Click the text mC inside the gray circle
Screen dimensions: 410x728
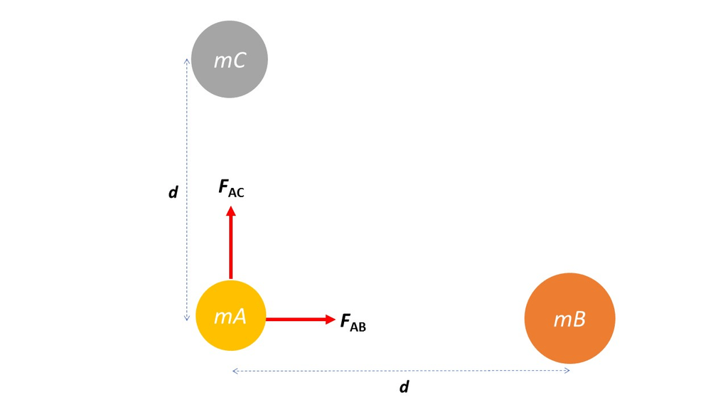[230, 61]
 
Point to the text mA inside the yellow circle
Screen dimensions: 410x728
[230, 317]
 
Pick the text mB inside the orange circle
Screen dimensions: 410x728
[569, 320]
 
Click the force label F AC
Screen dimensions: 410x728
[231, 189]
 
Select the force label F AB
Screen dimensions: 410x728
[353, 322]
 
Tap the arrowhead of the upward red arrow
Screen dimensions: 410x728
[230, 211]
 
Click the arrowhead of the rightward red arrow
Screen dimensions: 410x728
[330, 320]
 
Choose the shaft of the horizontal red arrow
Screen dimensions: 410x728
[294, 320]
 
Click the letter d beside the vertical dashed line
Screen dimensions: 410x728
[173, 192]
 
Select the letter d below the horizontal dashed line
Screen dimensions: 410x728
[404, 387]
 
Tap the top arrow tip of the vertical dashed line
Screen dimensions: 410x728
[187, 60]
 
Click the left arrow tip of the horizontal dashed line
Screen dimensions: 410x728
[234, 371]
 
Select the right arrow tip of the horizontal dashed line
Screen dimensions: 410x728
[569, 371]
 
